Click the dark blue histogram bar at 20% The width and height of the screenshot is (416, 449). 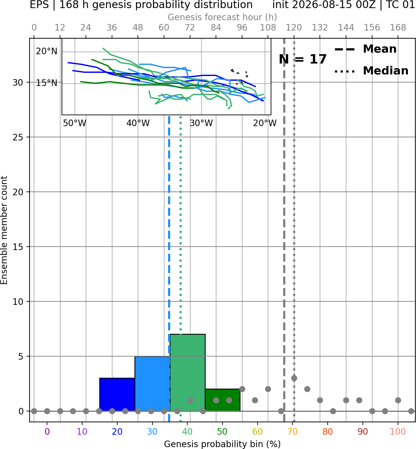click(x=117, y=395)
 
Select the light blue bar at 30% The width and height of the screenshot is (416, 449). click(x=152, y=384)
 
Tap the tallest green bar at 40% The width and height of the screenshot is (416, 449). click(x=188, y=373)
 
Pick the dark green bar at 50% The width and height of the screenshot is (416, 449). click(x=222, y=400)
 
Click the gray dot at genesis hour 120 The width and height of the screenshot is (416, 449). click(x=294, y=378)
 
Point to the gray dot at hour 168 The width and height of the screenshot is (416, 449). click(x=398, y=400)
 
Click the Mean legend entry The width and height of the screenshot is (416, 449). click(x=365, y=49)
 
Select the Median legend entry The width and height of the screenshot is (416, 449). click(x=371, y=71)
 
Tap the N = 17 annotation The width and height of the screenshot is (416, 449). click(x=303, y=59)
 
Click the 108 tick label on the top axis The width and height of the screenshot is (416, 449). click(x=268, y=28)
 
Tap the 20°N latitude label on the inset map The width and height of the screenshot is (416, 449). click(x=47, y=52)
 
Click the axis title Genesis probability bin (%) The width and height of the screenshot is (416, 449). click(x=222, y=444)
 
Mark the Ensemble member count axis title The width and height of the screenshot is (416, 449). click(x=4, y=230)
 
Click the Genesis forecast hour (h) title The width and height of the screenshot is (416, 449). click(x=222, y=17)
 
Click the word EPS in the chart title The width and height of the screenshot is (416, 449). click(x=39, y=5)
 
